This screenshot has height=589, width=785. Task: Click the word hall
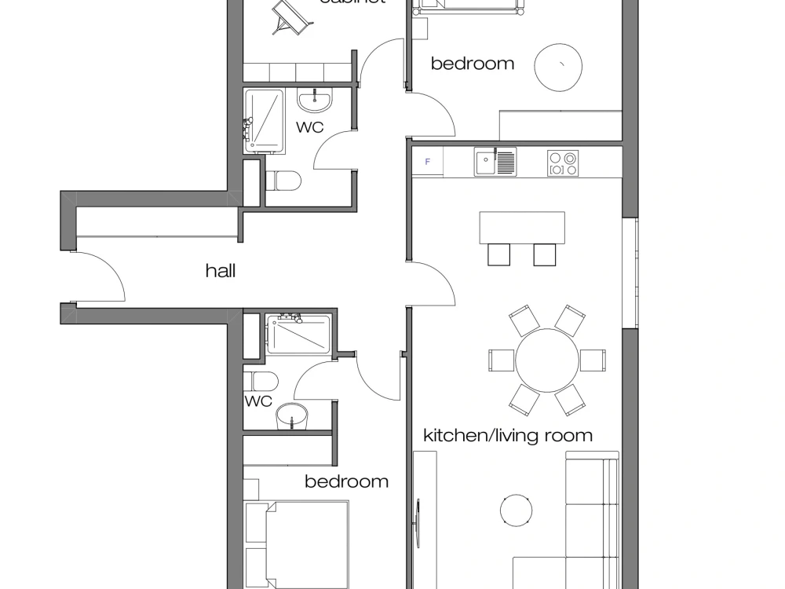[x=221, y=272]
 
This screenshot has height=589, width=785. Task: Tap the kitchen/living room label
[x=507, y=435]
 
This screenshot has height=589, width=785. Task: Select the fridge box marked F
[x=428, y=162]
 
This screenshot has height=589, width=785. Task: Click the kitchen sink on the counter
[x=495, y=162]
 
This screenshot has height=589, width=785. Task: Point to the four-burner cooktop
[x=563, y=163]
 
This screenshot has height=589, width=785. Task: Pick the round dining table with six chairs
[x=546, y=360]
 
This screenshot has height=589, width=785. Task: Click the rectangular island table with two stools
[x=522, y=228]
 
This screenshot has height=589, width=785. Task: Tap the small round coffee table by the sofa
[x=516, y=510]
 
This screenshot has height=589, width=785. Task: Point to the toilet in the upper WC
[x=283, y=181]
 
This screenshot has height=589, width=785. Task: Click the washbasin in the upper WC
[x=316, y=100]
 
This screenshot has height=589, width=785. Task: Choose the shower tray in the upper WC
[x=265, y=121]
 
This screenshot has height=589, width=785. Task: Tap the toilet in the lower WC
[x=261, y=382]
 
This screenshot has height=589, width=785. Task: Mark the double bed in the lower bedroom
[x=298, y=543]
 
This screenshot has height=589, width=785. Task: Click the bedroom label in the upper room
[x=472, y=64]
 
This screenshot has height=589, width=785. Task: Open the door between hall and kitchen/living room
[x=432, y=283]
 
